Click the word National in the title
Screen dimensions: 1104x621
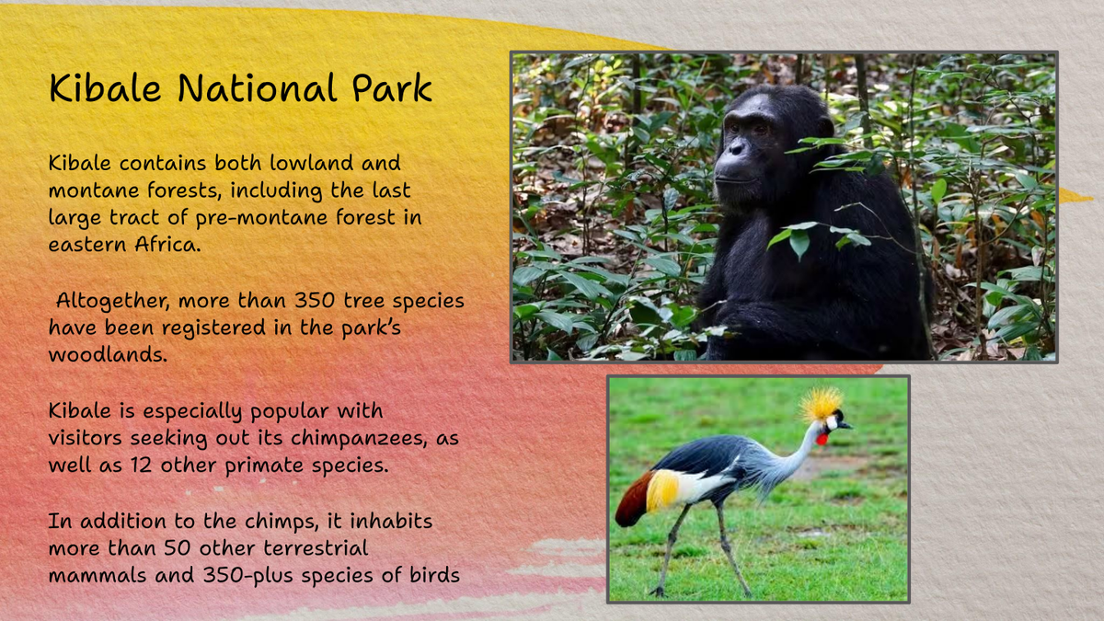(x=257, y=88)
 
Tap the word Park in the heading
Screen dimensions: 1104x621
(x=392, y=88)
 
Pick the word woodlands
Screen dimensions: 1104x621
(x=108, y=354)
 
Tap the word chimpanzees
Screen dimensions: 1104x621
(x=359, y=439)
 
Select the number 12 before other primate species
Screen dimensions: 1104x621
(x=141, y=466)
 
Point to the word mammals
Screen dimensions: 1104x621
(x=98, y=575)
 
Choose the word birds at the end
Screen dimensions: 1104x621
(x=434, y=575)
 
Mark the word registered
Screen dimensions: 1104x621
(x=213, y=328)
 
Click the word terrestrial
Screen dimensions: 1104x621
(x=316, y=548)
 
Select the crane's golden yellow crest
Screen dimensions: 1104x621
(x=821, y=404)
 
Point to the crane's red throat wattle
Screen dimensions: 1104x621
(x=822, y=438)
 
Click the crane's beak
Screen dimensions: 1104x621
(x=845, y=425)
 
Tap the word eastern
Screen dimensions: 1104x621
(x=87, y=245)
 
